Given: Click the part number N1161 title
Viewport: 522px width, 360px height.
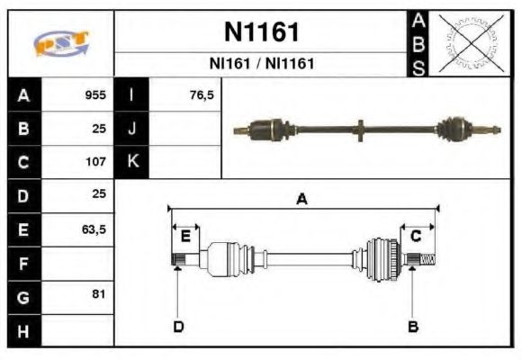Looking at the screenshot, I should tap(261, 32).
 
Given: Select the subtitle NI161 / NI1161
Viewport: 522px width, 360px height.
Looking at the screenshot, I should tap(261, 64).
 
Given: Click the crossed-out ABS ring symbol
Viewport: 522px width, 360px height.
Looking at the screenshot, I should tap(470, 43).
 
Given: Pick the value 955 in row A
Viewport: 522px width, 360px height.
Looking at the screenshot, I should tap(95, 94).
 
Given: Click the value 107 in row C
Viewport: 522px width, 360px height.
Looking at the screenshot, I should tap(95, 162).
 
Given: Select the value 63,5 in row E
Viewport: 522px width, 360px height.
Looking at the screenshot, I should tap(94, 229).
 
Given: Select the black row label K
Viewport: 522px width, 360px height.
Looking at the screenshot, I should tap(131, 162).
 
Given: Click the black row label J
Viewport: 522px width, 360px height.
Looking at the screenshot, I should tap(131, 129).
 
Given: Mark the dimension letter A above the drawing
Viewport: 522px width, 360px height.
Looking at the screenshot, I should tap(302, 200).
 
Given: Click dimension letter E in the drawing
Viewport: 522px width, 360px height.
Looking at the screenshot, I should tap(185, 237).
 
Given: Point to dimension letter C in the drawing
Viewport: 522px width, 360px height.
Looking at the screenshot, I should tap(416, 237).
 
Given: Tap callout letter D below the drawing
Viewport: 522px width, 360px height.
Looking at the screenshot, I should tap(178, 326).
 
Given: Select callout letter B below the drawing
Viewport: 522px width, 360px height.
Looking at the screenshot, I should tap(413, 326).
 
